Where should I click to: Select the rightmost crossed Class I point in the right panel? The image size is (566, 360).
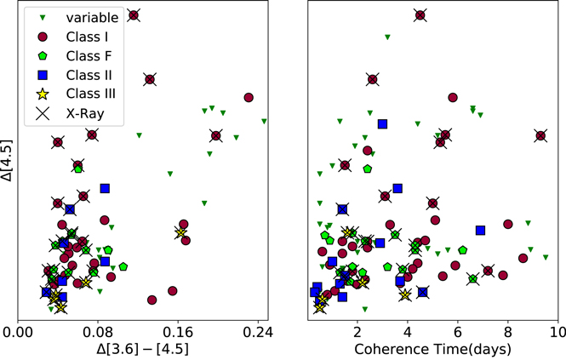(x=540, y=135)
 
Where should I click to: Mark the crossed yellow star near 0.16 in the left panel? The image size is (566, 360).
(x=180, y=232)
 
